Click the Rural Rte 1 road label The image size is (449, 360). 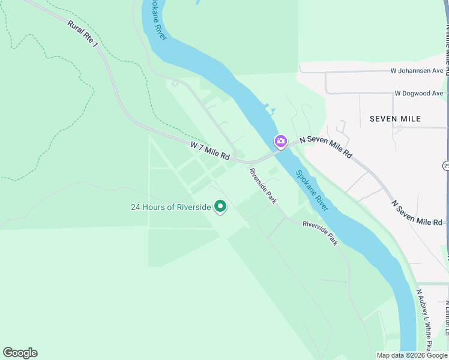[x=82, y=35]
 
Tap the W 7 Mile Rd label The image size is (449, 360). [x=210, y=151]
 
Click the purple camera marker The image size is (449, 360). [x=280, y=142]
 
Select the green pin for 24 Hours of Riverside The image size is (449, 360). [x=220, y=207]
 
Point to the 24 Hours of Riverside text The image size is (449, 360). [x=171, y=208]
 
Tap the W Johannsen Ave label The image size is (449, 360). [x=417, y=71]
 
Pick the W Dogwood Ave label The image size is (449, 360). [x=419, y=94]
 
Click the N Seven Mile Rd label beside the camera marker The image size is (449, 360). [x=326, y=146]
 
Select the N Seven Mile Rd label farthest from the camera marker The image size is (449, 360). [x=417, y=213]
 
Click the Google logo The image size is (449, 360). [x=20, y=353]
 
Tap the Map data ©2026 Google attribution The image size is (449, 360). [x=411, y=355]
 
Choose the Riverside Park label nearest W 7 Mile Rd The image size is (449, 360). [x=263, y=186]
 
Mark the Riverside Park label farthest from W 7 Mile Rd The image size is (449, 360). [x=320, y=233]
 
